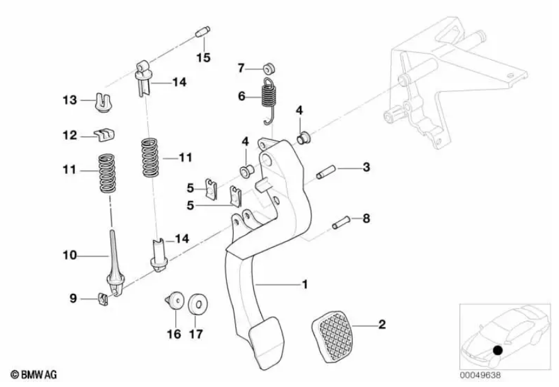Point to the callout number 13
69,100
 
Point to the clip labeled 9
104,297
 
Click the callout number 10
69,255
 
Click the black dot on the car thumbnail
497,349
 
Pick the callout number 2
381,325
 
